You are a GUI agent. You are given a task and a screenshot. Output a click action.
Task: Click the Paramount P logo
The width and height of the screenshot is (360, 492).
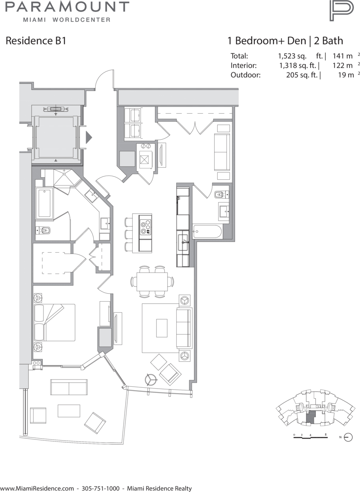pos(341,11)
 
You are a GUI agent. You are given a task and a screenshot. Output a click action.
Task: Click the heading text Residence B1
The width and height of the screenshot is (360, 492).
pos(36,41)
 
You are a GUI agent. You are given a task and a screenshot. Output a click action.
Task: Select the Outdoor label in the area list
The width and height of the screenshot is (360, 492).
pos(245,75)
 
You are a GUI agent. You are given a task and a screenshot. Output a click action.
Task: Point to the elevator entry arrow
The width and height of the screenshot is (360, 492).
pos(89,137)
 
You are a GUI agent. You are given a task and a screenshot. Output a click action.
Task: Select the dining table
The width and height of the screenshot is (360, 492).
pos(152,282)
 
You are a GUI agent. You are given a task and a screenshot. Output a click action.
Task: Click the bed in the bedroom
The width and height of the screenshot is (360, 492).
pos(55,323)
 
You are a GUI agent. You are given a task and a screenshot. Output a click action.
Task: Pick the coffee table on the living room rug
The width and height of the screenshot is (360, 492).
pos(162,328)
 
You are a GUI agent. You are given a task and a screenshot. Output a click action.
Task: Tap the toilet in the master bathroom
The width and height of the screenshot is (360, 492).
pos(43,231)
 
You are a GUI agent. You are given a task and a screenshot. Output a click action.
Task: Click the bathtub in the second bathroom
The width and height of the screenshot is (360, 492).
pos(207,231)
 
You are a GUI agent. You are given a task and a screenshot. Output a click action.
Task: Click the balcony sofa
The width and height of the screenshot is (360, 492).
pos(69,387)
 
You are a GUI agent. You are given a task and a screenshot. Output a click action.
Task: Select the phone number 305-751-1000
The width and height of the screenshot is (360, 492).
pos(101,488)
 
